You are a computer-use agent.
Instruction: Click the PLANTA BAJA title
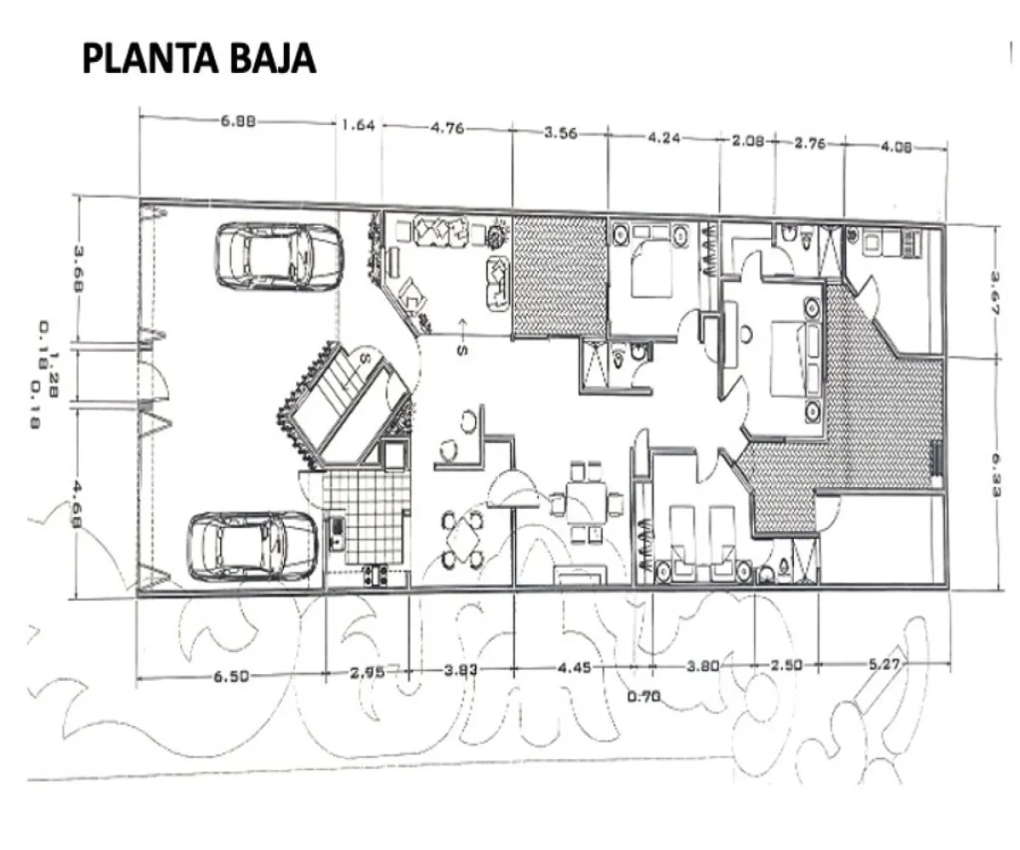tap(199, 59)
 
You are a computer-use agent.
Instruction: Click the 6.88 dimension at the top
tap(238, 121)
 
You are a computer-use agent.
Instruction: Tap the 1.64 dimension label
tap(358, 126)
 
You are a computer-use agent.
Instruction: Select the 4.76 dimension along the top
tap(447, 129)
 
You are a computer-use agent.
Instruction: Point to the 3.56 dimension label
tap(560, 133)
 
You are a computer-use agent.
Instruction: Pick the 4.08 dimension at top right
tap(896, 146)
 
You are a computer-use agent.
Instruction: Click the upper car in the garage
tap(279, 256)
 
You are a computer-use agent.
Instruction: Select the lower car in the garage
tap(251, 545)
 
